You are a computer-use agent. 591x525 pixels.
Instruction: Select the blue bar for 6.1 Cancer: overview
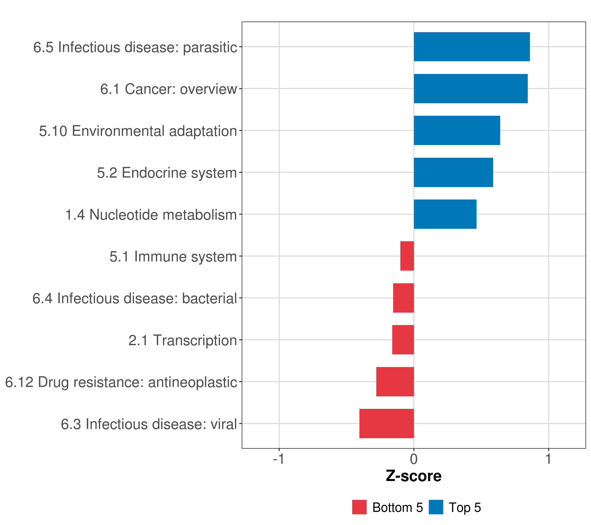470,89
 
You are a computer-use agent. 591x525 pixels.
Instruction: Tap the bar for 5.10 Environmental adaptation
457,130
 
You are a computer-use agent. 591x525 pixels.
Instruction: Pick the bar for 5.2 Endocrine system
453,173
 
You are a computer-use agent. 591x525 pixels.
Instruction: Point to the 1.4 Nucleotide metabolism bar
445,214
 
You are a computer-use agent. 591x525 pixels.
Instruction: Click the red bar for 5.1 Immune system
407,256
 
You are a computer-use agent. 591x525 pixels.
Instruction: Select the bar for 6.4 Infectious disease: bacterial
403,298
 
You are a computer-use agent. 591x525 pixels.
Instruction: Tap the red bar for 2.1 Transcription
403,340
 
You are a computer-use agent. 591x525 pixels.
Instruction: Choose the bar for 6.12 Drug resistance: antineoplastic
395,382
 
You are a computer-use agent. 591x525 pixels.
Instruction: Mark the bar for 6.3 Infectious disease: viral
387,423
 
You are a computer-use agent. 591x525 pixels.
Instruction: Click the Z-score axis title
414,476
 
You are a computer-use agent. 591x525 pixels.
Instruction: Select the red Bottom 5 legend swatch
359,507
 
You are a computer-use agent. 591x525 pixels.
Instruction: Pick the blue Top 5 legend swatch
436,507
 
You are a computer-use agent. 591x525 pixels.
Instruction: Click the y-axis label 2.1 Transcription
183,340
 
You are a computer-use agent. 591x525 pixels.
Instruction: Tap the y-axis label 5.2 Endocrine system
167,173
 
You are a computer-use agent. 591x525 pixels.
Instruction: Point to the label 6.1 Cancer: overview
169,89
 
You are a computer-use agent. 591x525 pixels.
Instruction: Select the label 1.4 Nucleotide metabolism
151,215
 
